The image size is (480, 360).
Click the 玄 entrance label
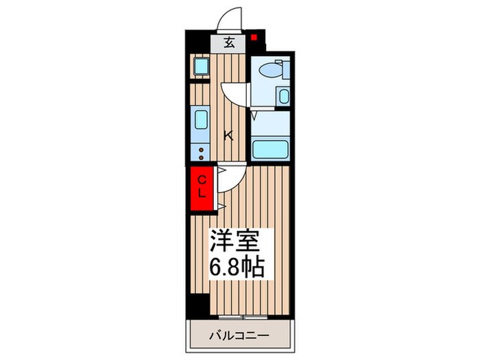230,43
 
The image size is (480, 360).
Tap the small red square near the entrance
254,38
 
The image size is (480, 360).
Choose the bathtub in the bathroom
272,149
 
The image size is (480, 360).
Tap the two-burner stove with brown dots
202,152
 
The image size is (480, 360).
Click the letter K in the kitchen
229,136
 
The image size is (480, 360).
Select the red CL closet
202,187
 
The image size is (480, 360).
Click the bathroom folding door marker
254,117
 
